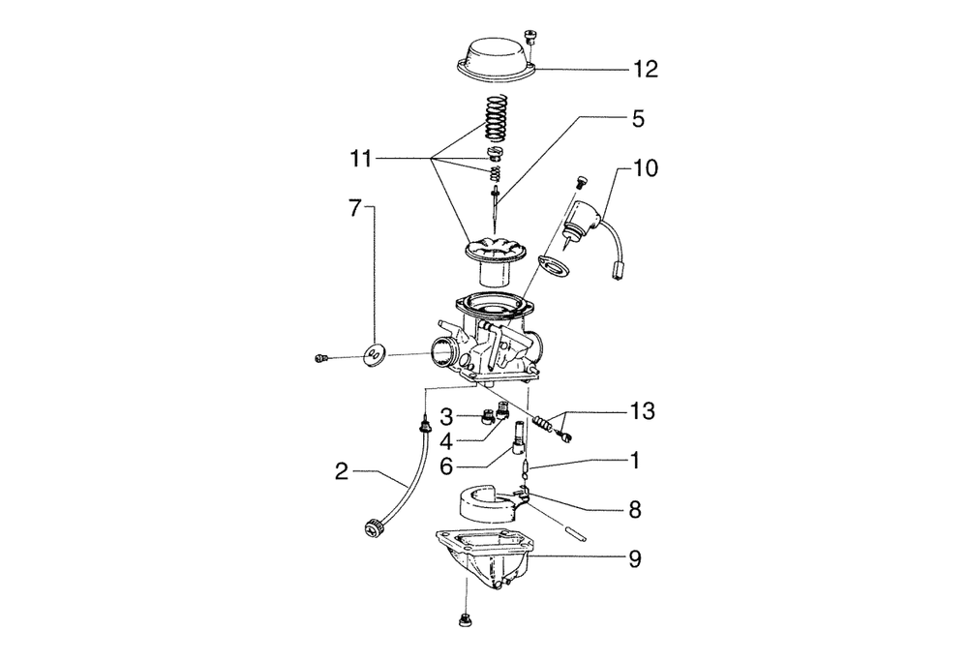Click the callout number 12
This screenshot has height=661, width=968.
pyautogui.click(x=644, y=69)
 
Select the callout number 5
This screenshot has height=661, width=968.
pyautogui.click(x=638, y=118)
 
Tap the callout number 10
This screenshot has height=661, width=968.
pyautogui.click(x=645, y=167)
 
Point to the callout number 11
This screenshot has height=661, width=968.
pyautogui.click(x=361, y=160)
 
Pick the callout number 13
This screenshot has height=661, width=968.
pyautogui.click(x=642, y=410)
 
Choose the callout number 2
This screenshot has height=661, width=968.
pyautogui.click(x=342, y=472)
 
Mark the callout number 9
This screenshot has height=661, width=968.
pyautogui.click(x=635, y=559)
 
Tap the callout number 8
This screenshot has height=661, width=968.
pyautogui.click(x=635, y=510)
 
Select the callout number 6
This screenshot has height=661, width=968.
pyautogui.click(x=446, y=466)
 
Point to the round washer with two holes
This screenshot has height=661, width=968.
pyautogui.click(x=374, y=355)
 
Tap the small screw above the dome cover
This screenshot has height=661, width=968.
pyautogui.click(x=529, y=36)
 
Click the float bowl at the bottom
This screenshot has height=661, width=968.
pyautogui.click(x=485, y=558)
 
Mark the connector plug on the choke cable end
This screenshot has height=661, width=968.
pyautogui.click(x=616, y=269)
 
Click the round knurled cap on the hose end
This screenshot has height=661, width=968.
pyautogui.click(x=374, y=529)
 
